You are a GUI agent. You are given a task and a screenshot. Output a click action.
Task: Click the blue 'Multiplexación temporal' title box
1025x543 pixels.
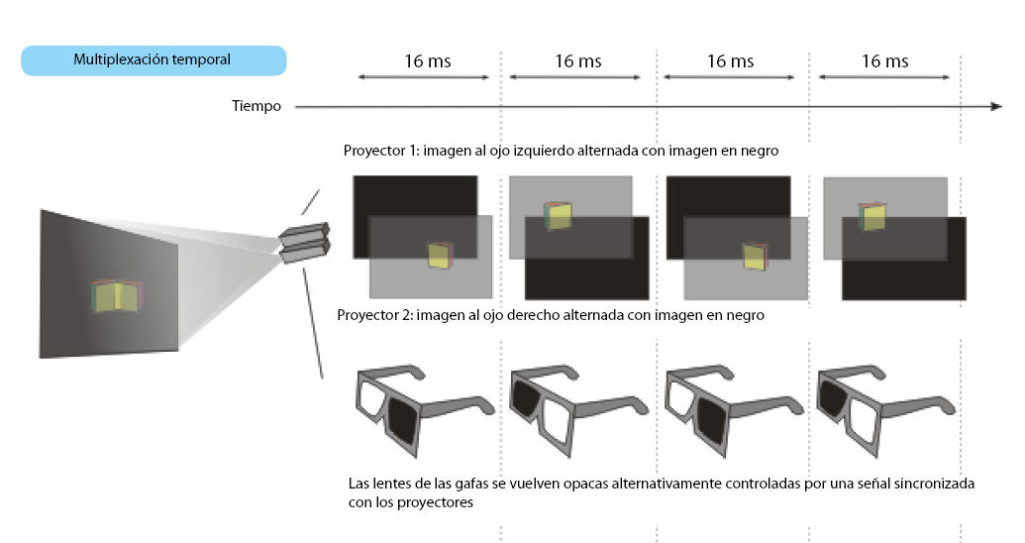[x=154, y=60]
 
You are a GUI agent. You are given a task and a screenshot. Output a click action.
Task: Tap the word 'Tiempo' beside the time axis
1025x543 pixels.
[x=256, y=106]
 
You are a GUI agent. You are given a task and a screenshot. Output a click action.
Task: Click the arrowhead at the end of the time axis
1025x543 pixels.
[x=995, y=106]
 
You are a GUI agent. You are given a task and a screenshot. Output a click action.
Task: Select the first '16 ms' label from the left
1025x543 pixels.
[x=428, y=61]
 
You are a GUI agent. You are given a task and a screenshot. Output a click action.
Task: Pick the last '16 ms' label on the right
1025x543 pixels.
[x=884, y=61]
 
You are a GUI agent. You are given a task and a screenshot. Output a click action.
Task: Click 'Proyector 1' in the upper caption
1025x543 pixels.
[x=380, y=151]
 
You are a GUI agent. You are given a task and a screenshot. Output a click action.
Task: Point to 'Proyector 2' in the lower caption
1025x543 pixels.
[x=373, y=315]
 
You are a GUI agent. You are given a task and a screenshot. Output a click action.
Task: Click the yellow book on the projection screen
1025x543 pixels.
[x=116, y=295]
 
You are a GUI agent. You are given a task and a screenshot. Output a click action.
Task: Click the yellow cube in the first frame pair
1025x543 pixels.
[x=441, y=255]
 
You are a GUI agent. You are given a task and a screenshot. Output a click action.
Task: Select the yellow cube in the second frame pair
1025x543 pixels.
[x=558, y=216]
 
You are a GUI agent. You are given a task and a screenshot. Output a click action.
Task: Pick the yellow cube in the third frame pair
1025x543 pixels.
[x=755, y=256]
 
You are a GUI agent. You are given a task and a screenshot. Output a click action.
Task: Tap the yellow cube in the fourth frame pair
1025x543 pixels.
[x=872, y=217]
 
